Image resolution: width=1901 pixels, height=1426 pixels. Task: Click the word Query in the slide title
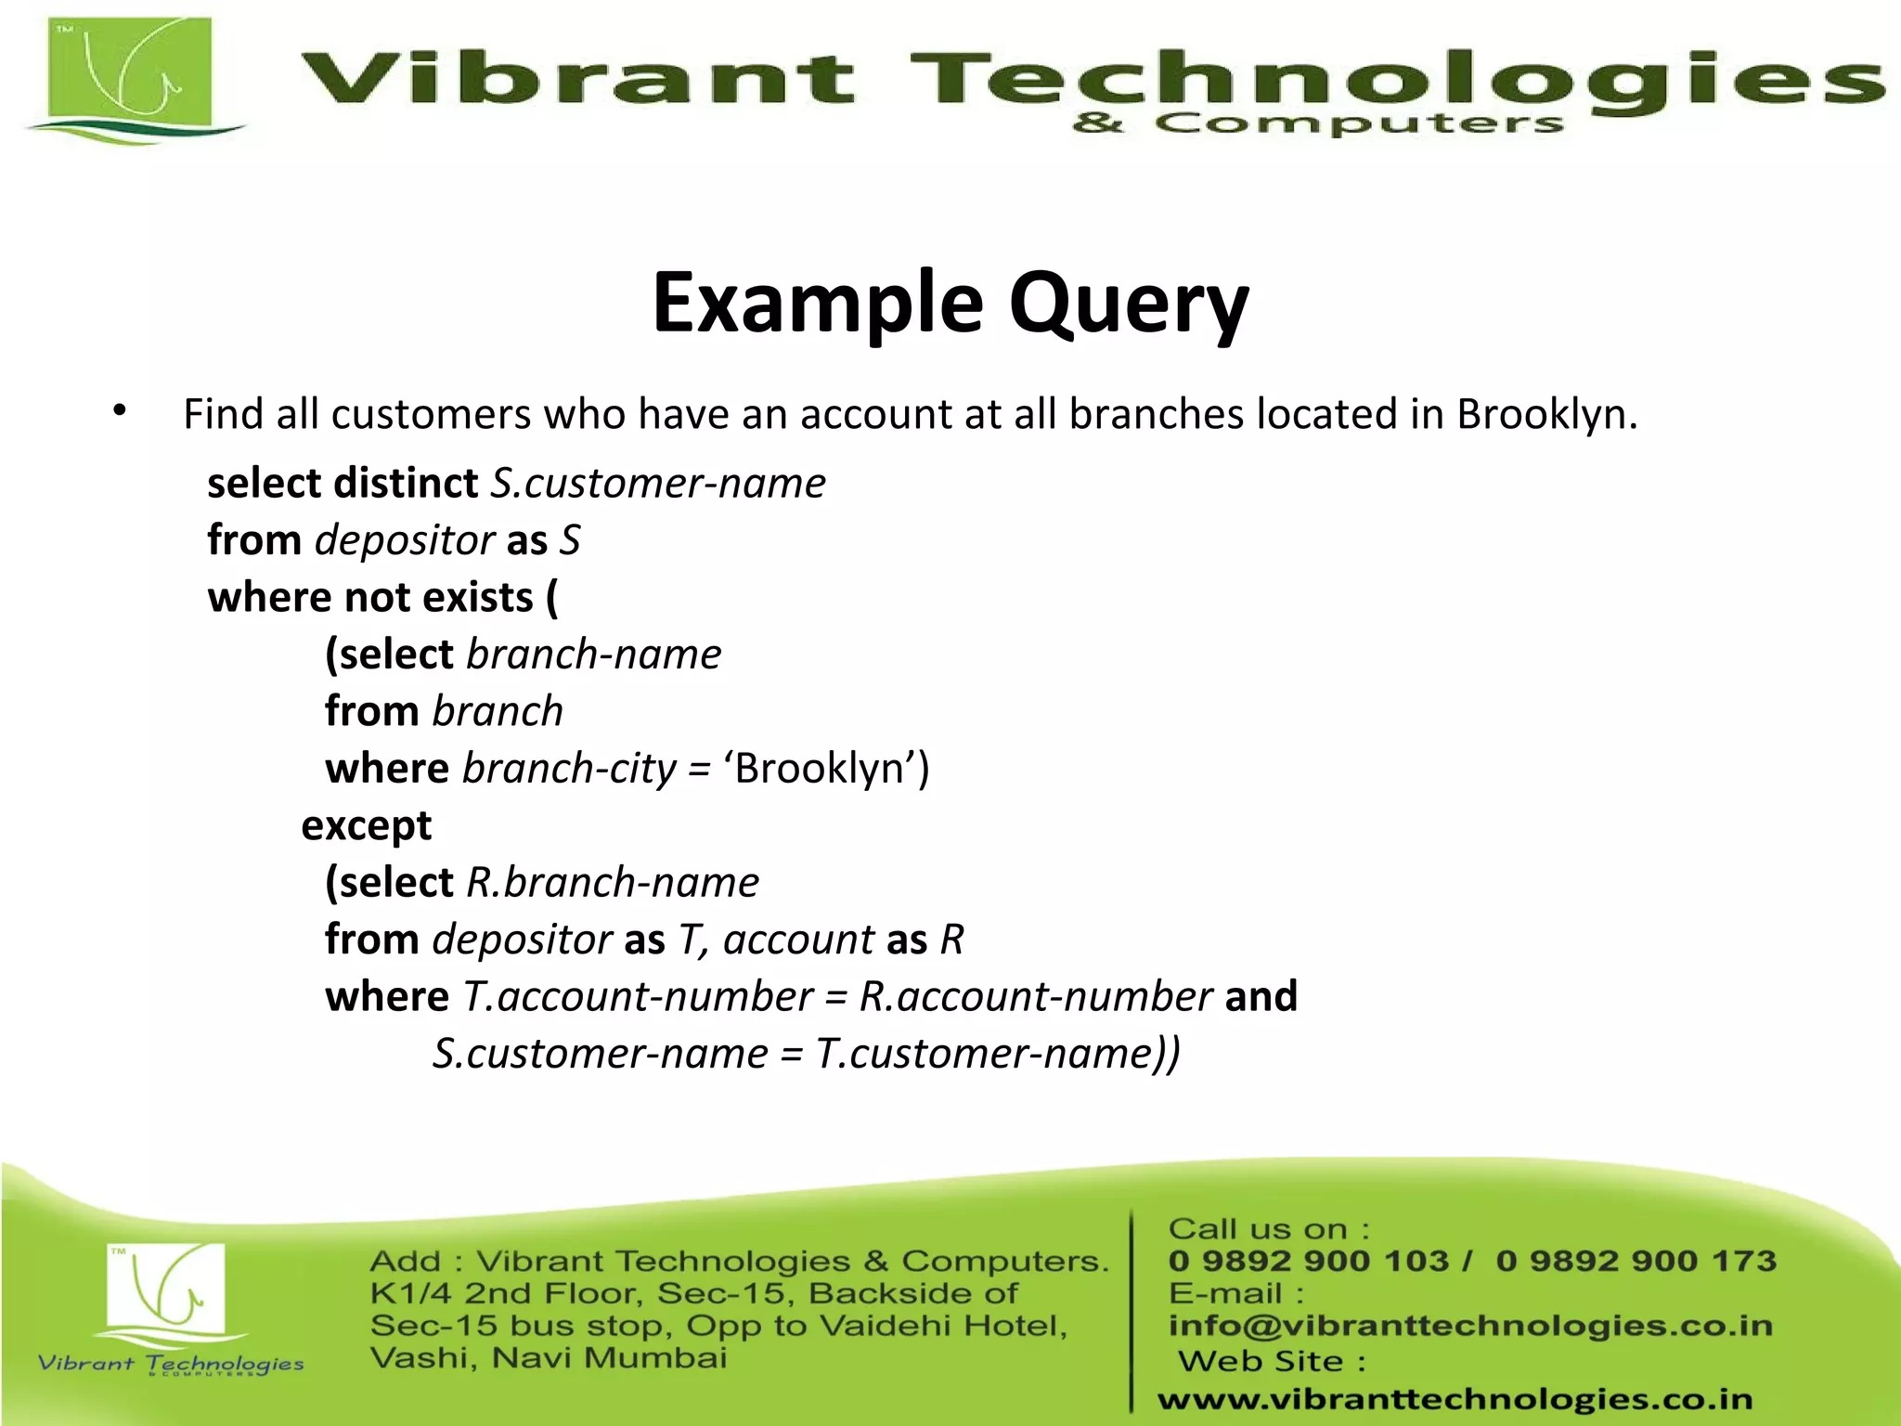coord(1129,305)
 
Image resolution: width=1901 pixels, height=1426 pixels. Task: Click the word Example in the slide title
coord(817,305)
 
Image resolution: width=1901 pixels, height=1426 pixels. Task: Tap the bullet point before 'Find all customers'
coord(120,411)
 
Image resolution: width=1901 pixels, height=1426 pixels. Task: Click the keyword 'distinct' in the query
coord(406,484)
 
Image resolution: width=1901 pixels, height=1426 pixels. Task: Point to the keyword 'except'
coord(366,825)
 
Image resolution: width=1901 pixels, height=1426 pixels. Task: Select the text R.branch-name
coord(612,882)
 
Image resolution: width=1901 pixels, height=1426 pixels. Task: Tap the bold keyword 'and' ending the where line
coord(1261,996)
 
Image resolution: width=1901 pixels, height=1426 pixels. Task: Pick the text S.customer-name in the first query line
coord(657,484)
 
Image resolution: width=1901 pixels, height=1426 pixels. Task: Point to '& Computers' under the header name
coord(1316,124)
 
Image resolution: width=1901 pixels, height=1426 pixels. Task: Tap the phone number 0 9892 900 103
coord(1308,1261)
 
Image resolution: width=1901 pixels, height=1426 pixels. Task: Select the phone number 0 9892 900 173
coord(1636,1261)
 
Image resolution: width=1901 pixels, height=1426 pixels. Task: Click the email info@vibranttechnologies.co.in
coord(1470,1326)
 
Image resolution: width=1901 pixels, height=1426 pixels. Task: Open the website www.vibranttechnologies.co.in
coord(1455,1399)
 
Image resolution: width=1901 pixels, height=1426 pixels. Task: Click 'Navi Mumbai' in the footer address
coord(609,1358)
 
